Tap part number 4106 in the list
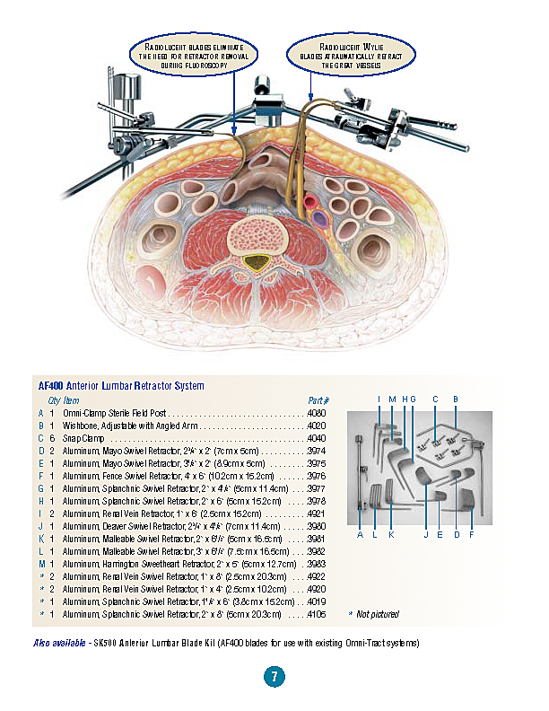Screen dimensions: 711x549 318,614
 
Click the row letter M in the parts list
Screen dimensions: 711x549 40,564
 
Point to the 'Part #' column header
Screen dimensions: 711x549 318,400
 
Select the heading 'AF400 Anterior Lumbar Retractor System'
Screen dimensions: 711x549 118,386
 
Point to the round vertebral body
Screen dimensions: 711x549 258,237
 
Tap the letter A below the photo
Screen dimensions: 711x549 360,535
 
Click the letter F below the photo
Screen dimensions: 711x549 472,535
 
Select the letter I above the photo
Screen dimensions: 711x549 379,399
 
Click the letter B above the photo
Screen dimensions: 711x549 456,399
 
